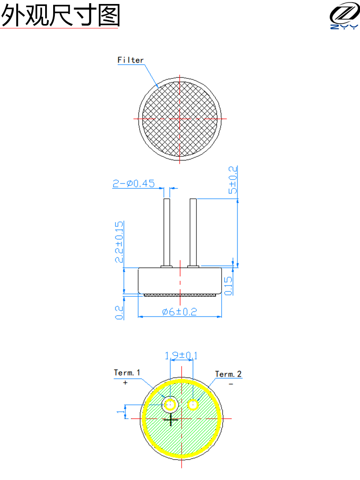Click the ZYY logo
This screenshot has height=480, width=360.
pos(344,15)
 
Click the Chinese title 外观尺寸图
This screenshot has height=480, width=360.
pos(60,15)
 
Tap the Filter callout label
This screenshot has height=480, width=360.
pos(130,60)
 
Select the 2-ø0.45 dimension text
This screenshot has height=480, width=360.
pos(134,184)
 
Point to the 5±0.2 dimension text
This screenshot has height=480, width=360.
pos(232,180)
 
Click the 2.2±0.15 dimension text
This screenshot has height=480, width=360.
pos(119,242)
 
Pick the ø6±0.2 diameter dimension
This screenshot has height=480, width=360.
pos(180,312)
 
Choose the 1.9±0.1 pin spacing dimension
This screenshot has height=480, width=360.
pos(181,356)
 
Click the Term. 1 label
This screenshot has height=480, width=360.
pos(127,372)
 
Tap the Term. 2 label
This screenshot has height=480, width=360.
pos(228,374)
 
